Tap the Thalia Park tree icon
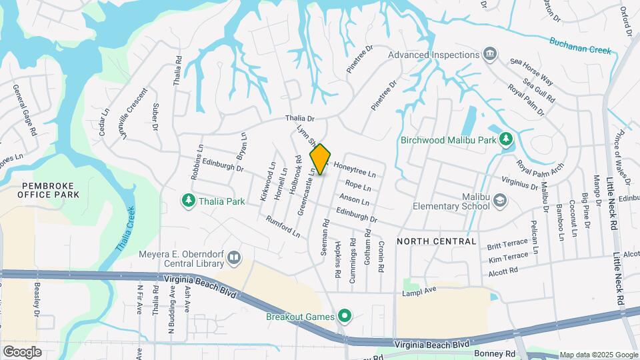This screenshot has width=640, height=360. (189, 199)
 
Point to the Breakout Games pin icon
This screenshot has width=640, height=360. (344, 316)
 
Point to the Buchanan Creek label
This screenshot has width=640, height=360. (580, 45)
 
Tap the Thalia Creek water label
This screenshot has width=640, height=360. (126, 229)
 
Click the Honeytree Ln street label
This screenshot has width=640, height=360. (355, 170)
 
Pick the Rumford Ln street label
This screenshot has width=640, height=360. (283, 227)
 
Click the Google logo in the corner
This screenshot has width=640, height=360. (22, 351)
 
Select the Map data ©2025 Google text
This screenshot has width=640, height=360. (598, 355)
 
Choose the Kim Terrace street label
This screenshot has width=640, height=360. (508, 259)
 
